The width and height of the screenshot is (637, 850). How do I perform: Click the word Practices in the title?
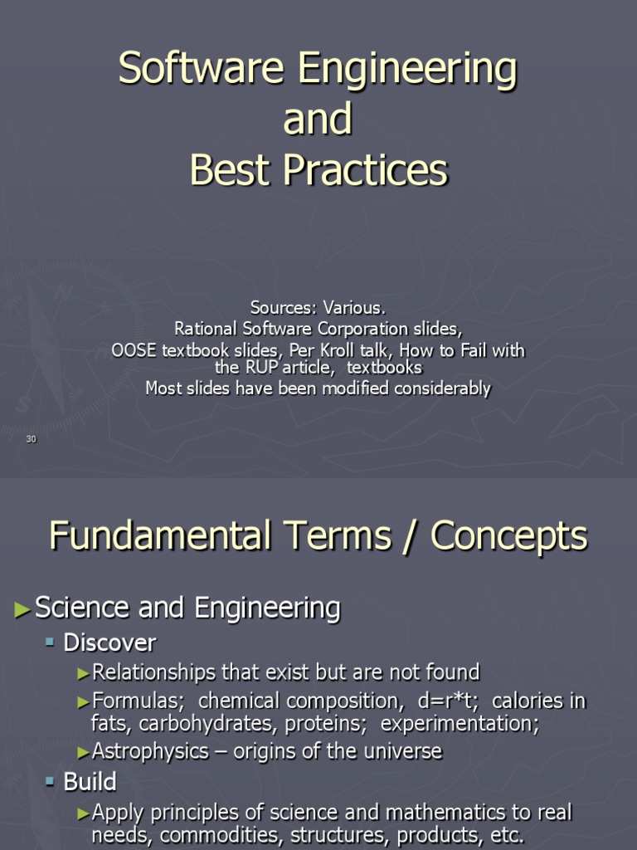click(x=367, y=170)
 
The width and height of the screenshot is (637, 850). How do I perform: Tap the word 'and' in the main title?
click(x=318, y=120)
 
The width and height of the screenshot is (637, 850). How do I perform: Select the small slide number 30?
click(x=32, y=439)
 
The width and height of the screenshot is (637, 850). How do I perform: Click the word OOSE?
click(x=134, y=350)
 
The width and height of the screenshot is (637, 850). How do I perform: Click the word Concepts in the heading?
click(x=508, y=535)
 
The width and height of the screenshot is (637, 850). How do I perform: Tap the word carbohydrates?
click(x=208, y=724)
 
